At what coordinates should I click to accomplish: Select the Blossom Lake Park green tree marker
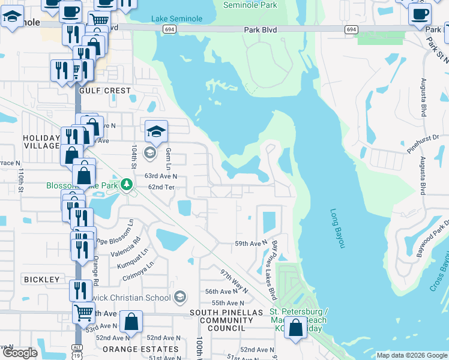(x=126, y=184)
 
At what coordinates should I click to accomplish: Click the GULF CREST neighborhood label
(x=109, y=91)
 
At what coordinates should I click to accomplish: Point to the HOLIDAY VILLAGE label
(x=41, y=142)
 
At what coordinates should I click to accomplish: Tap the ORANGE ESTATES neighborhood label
(x=140, y=349)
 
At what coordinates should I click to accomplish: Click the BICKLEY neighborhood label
(x=41, y=280)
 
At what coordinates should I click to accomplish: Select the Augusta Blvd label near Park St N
(x=424, y=97)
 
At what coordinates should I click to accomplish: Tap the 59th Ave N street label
(x=250, y=243)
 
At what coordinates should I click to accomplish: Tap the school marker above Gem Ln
(x=155, y=131)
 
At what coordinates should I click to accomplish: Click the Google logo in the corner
(x=19, y=353)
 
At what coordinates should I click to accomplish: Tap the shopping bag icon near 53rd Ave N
(x=130, y=322)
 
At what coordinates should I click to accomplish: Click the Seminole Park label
(x=250, y=5)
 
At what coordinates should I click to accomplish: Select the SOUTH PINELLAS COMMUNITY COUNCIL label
(x=226, y=320)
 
